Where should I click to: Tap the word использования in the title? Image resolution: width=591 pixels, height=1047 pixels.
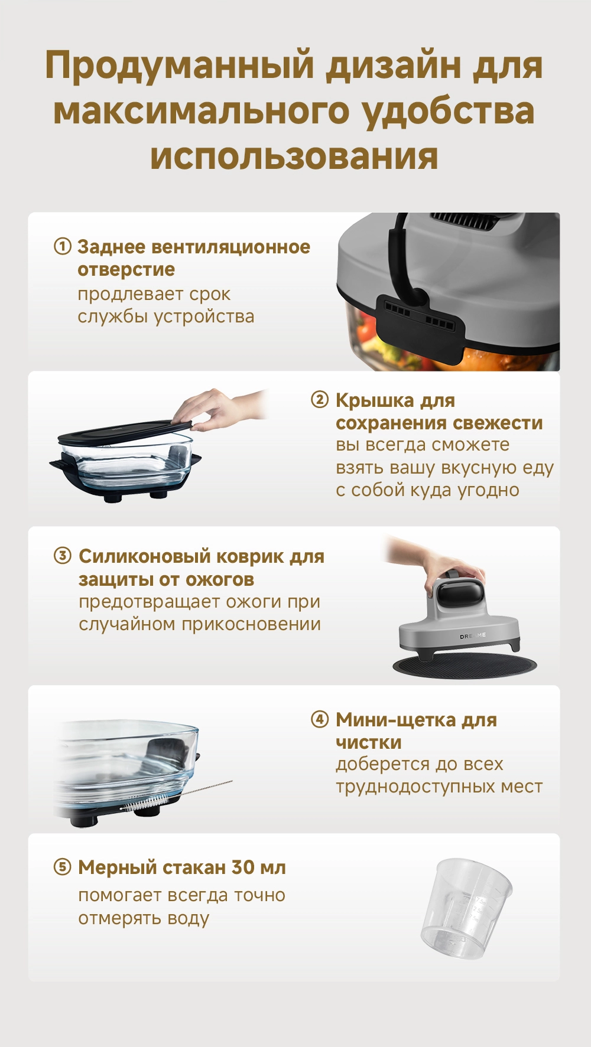pyautogui.click(x=294, y=157)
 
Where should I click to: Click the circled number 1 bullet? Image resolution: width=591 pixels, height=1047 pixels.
pyautogui.click(x=63, y=246)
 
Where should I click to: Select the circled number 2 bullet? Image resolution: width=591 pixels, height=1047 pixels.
pyautogui.click(x=320, y=400)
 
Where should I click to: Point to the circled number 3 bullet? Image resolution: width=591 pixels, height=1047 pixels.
pyautogui.click(x=63, y=556)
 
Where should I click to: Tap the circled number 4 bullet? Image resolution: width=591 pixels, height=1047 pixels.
pyautogui.click(x=320, y=719)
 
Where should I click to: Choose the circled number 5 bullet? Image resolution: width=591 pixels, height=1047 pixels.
pyautogui.click(x=63, y=867)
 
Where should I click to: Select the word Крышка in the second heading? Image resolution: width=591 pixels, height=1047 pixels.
pyautogui.click(x=375, y=400)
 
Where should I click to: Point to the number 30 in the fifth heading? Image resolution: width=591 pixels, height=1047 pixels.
pyautogui.click(x=243, y=867)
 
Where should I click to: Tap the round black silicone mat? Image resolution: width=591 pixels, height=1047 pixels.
pyautogui.click(x=465, y=666)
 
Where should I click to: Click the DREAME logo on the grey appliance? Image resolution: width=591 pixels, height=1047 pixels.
pyautogui.click(x=473, y=635)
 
